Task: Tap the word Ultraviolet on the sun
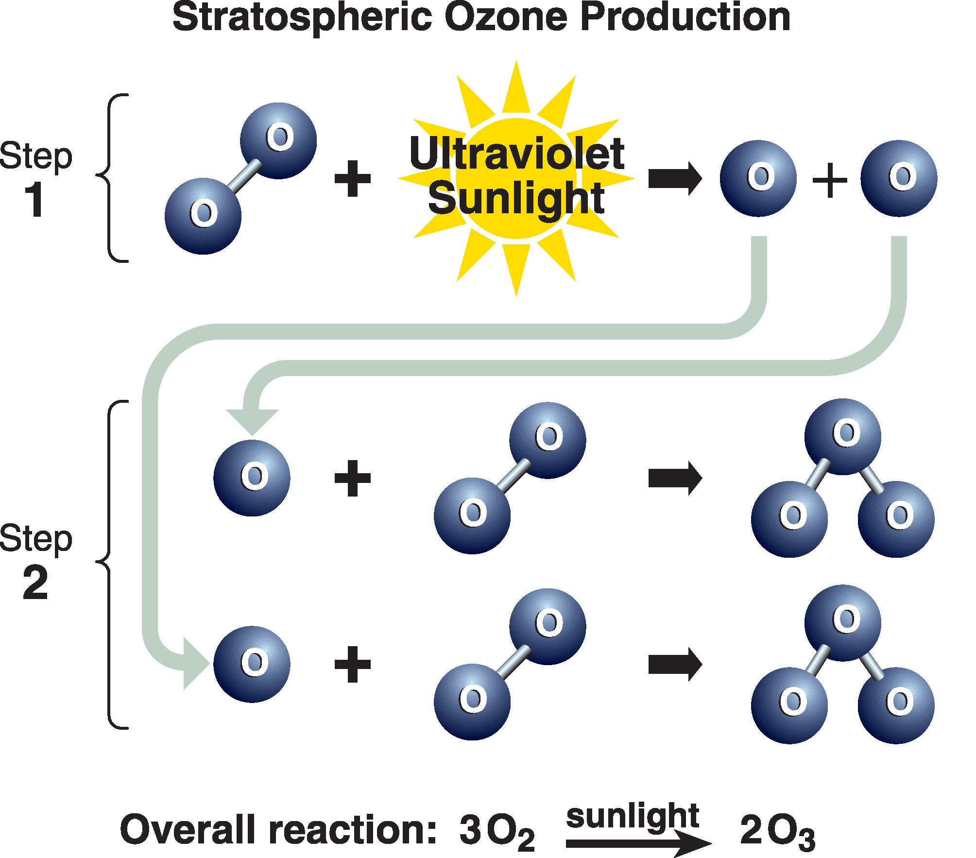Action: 516,153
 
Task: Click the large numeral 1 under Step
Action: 34,200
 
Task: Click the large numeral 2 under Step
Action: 35,583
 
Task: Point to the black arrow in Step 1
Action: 675,179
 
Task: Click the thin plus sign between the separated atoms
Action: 829,180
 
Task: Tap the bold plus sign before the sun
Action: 353,178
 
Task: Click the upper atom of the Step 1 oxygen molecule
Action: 278,140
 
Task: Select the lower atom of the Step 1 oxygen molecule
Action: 203,216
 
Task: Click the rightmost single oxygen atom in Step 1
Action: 899,178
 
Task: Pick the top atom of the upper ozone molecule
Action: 843,437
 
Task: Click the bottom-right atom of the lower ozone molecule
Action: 896,705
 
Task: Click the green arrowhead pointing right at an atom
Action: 196,663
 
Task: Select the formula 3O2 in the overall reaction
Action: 497,831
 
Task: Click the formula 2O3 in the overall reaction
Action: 777,831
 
